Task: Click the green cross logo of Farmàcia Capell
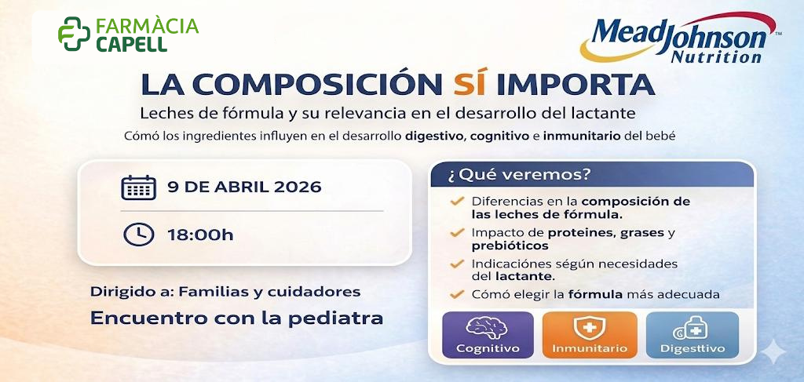point(74,34)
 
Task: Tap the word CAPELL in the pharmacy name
point(131,44)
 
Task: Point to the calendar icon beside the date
point(138,187)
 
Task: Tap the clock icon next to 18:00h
point(138,234)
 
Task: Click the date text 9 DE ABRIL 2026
point(244,187)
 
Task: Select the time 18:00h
point(199,234)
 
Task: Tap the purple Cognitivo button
point(488,336)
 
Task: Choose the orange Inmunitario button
point(589,336)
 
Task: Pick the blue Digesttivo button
point(692,336)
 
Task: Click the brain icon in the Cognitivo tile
point(488,328)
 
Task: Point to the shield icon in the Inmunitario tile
point(589,328)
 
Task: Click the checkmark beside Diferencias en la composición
point(456,202)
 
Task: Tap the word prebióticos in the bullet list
point(505,246)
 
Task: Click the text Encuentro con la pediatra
point(236,318)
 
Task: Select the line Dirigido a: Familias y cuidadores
point(225,292)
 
